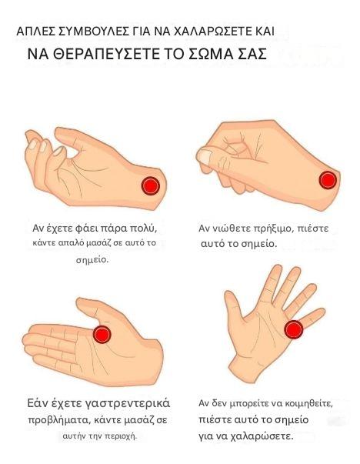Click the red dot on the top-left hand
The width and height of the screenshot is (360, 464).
(151, 185)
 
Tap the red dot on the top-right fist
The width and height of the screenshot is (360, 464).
(328, 180)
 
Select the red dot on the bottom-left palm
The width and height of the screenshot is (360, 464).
(102, 335)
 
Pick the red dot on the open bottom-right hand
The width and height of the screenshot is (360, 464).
(294, 329)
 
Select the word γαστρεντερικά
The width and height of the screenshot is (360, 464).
(128, 404)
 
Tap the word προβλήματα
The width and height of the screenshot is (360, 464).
(58, 420)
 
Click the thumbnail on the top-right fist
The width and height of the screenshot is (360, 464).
(205, 156)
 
